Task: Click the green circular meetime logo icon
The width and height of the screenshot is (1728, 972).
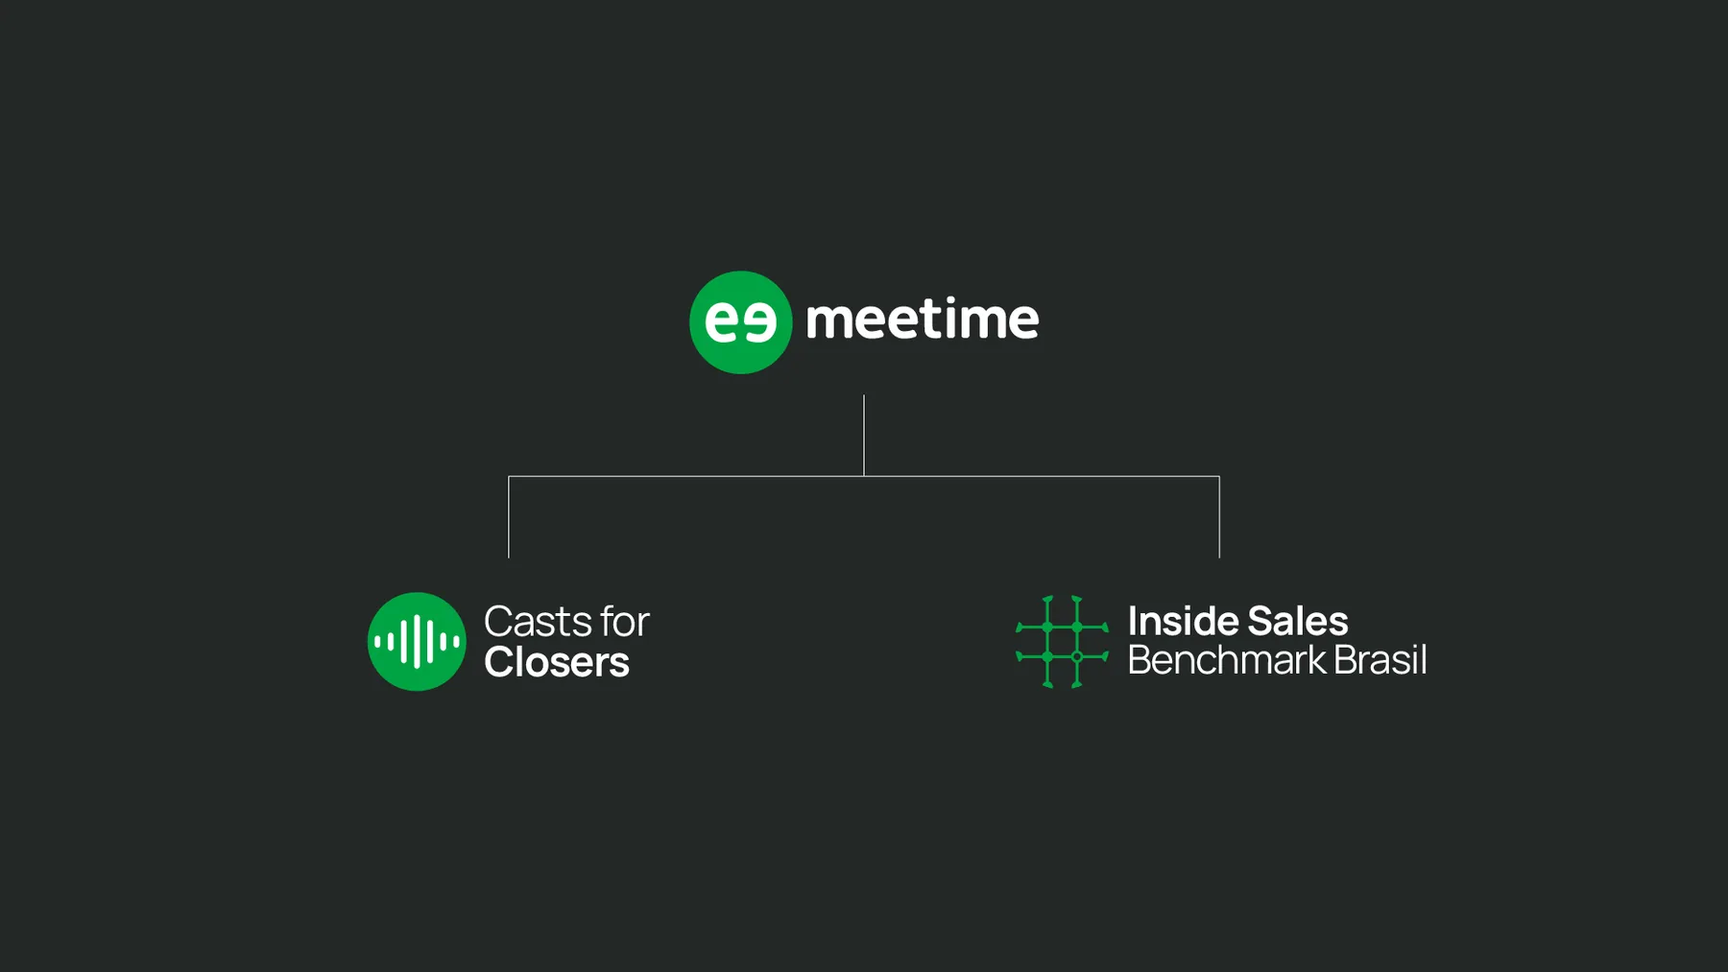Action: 740,322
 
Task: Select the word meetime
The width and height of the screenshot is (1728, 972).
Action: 922,319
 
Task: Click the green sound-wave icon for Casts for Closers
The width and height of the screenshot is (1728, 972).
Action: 417,641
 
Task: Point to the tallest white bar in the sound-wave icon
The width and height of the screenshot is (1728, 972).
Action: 417,641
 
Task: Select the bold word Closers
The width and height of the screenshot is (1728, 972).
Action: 557,662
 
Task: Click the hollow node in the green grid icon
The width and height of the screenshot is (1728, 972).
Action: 1077,656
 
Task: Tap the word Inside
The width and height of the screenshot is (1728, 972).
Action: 1181,621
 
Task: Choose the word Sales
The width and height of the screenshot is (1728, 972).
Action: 1298,621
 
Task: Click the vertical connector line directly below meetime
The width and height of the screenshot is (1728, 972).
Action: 864,436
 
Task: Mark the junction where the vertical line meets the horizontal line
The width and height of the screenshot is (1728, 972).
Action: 864,476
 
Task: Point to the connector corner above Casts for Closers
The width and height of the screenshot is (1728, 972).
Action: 509,476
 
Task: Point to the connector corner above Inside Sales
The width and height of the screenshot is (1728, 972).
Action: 1219,476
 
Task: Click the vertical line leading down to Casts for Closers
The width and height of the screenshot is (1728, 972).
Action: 509,517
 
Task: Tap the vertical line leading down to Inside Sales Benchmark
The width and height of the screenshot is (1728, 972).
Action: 1219,517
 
